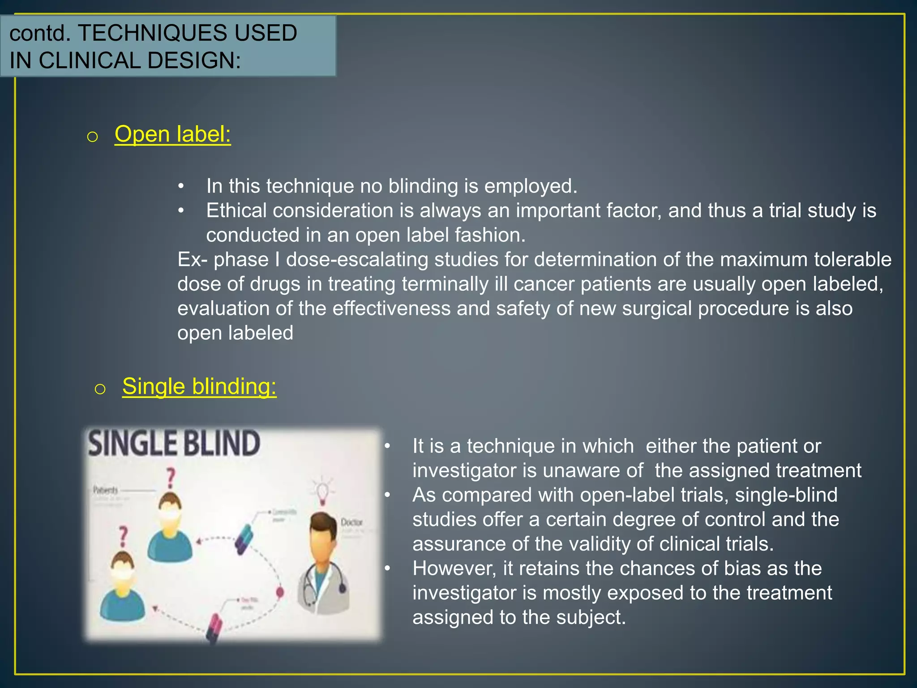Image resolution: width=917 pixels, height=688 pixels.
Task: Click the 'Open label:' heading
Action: tap(172, 134)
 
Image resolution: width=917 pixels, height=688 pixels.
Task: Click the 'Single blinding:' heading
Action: tap(199, 386)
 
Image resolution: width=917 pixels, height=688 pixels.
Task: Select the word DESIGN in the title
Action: tap(193, 60)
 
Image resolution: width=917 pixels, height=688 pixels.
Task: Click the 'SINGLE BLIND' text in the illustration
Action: tap(174, 443)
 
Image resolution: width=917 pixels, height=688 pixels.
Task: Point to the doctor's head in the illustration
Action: tap(323, 533)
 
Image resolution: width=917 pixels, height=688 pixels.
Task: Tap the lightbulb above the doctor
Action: tap(322, 491)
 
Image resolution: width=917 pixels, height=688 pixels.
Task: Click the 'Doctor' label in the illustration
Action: tap(351, 522)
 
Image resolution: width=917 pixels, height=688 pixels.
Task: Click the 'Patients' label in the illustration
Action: tap(106, 490)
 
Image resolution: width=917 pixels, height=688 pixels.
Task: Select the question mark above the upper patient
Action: tap(171, 478)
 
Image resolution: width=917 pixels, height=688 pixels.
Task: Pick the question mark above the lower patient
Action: tap(123, 536)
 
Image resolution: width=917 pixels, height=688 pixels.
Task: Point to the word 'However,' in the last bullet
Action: tap(454, 568)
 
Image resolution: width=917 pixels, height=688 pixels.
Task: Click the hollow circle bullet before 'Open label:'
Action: tap(92, 137)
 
